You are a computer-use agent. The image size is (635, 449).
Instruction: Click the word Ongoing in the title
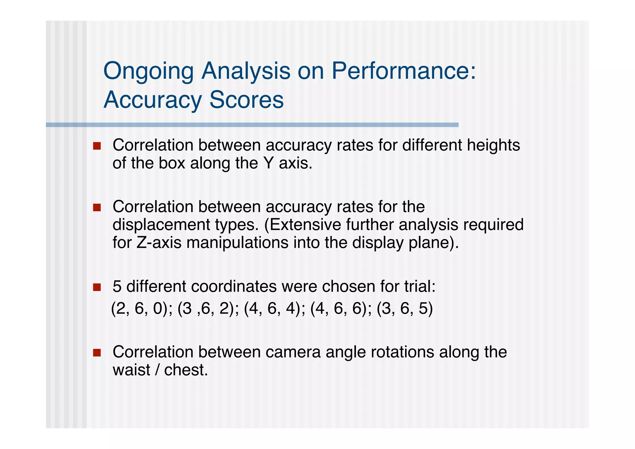(148, 71)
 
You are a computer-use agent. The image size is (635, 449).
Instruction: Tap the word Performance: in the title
(403, 71)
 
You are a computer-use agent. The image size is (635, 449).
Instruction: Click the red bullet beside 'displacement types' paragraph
(97, 207)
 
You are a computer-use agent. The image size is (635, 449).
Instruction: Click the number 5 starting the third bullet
(117, 286)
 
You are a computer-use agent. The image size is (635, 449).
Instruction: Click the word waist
(131, 370)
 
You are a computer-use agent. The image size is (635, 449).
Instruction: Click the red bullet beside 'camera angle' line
(97, 352)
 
